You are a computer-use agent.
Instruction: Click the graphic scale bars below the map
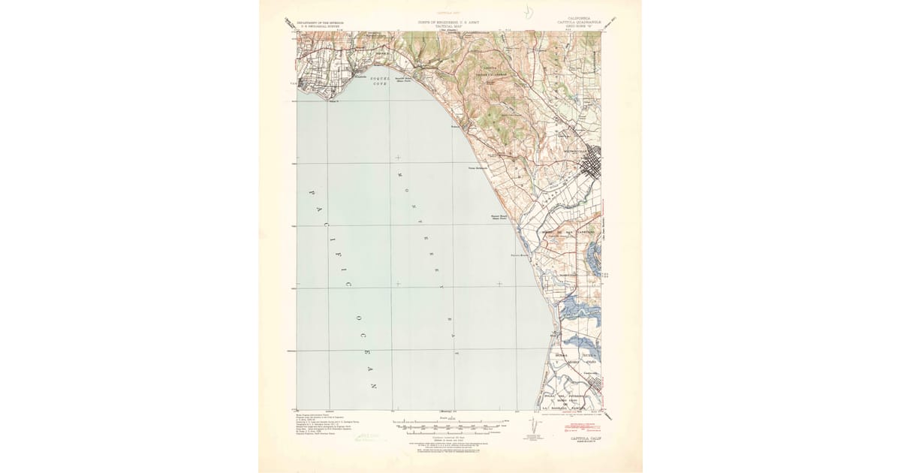[450, 426]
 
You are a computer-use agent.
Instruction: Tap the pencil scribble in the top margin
[530, 14]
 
